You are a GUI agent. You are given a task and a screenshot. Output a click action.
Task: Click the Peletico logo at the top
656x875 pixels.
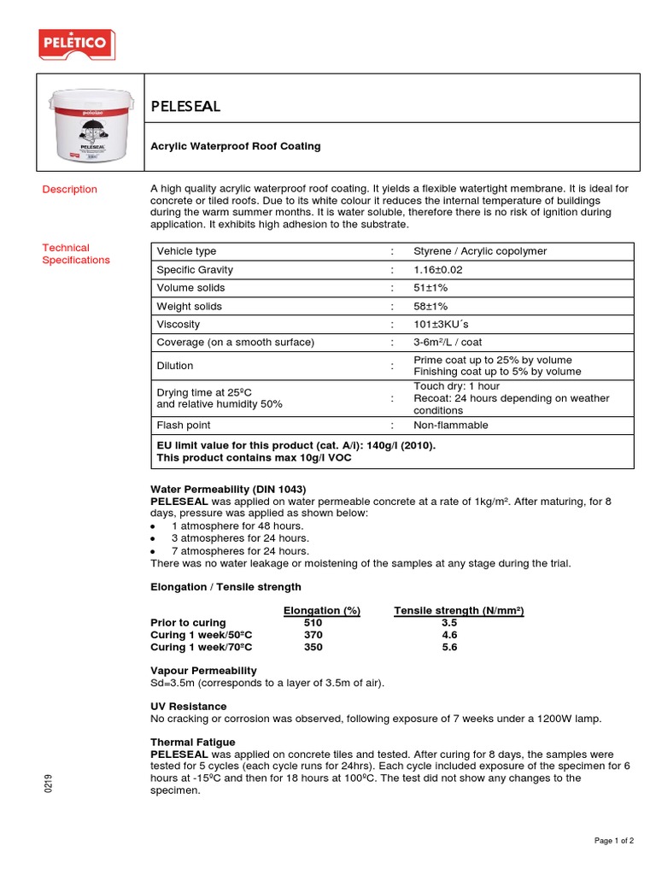coord(77,43)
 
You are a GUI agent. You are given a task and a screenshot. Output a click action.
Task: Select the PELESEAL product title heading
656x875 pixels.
coord(185,106)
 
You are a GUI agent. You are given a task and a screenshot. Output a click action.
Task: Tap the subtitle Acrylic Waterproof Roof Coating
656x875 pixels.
coord(236,146)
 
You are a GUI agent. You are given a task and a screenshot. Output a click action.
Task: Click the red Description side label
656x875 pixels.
coord(70,190)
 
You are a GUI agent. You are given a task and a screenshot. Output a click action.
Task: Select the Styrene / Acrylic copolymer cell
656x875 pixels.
coord(480,251)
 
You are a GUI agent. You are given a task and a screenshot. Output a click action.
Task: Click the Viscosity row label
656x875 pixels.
coord(178,325)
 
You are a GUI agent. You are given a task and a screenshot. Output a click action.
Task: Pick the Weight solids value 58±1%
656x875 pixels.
coord(430,307)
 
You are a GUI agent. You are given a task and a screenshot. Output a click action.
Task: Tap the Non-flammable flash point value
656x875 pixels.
coord(450,426)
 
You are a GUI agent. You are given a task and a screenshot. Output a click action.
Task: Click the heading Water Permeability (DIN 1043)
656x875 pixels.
coord(227,489)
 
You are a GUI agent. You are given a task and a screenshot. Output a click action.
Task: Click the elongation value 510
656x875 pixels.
coord(313,623)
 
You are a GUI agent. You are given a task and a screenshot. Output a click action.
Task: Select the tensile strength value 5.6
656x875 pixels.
coord(449,647)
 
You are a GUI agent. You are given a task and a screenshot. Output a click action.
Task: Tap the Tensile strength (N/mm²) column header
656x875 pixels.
coord(458,610)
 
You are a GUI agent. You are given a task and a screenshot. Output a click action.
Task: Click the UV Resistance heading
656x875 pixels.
coord(188,707)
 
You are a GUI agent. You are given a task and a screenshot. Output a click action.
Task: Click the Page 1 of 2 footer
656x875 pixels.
coord(613,841)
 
